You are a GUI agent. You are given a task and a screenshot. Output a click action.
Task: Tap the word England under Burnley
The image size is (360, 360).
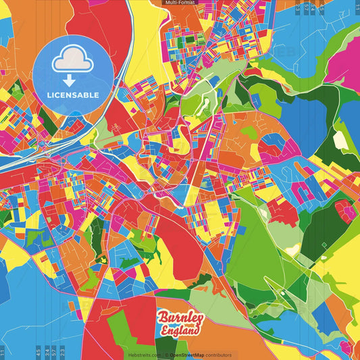tap(181, 331)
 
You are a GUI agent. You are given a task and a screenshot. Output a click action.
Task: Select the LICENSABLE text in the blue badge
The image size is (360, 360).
tap(73, 95)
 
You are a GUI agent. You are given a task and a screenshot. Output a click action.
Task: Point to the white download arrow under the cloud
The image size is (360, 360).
tap(68, 80)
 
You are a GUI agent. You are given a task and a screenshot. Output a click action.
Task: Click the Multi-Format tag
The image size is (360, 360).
tap(180, 3)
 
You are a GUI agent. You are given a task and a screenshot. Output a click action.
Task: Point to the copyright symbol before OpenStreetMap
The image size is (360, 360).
tap(166, 355)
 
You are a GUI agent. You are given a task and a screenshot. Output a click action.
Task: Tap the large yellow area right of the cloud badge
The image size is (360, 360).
tap(145, 51)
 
